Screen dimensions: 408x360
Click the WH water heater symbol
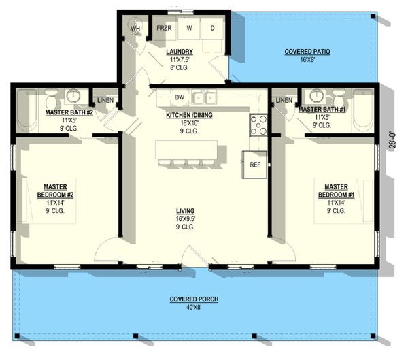coord(135,27)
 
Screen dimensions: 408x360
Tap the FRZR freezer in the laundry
coord(164,28)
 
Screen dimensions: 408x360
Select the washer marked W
coord(189,29)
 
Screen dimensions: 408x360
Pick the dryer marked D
coord(212,29)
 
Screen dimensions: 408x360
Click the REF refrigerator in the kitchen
coord(254,165)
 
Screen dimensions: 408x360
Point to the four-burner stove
coord(258,125)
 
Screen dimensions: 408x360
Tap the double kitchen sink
coord(204,97)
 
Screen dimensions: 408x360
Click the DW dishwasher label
coord(180,97)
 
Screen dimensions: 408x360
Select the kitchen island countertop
coord(186,150)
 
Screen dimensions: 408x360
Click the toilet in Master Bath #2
coord(50,98)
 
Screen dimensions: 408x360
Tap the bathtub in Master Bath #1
coord(363,111)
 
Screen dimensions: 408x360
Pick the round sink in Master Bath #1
coord(317,95)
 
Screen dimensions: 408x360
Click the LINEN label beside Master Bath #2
coord(105,100)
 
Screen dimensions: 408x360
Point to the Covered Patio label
coord(307,52)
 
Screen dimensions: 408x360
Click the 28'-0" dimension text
coord(392,140)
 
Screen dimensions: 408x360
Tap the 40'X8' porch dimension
coord(194,308)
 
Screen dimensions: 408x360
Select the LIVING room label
coord(185,211)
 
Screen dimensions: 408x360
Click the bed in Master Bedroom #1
coord(343,201)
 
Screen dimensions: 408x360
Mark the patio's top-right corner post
coord(373,16)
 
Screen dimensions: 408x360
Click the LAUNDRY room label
coord(180,52)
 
